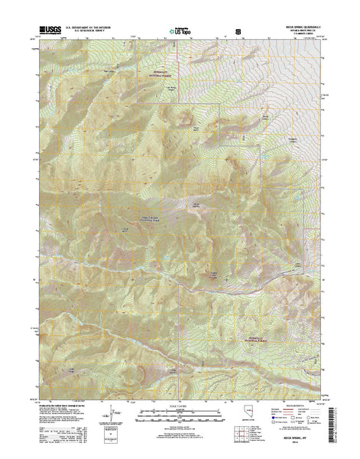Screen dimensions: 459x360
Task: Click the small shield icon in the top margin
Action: pos(238,32)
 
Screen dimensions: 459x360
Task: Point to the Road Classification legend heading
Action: pos(300,405)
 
